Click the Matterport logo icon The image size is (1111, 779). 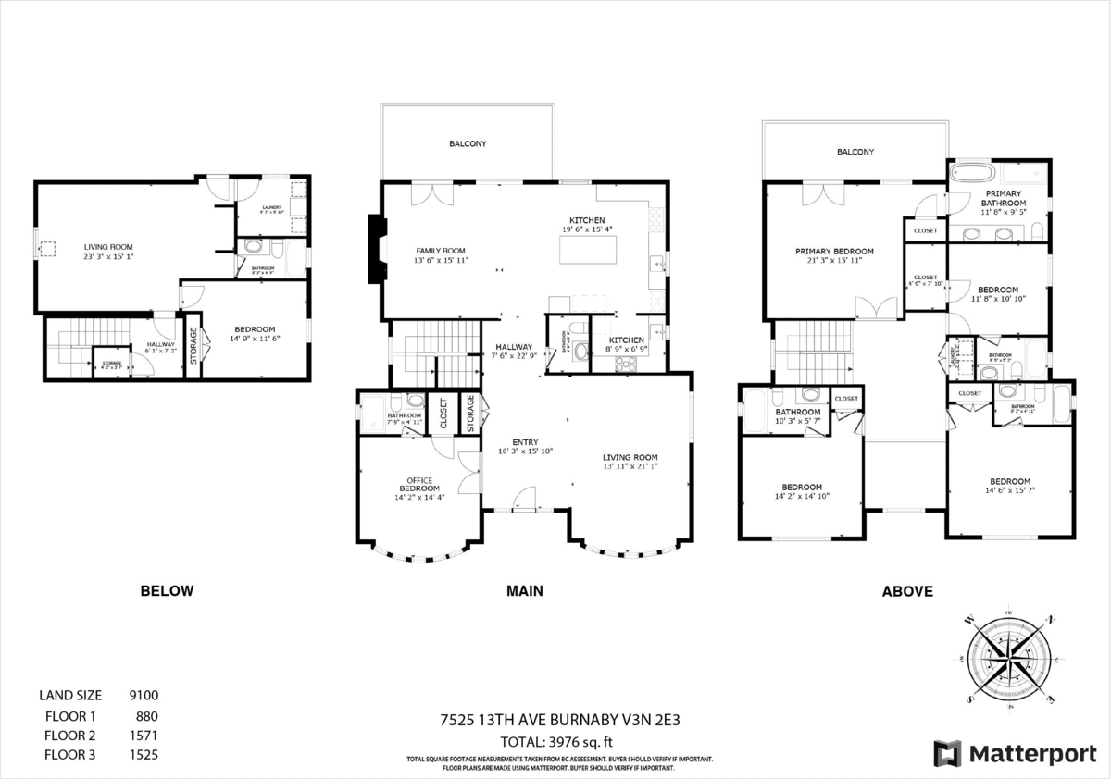point(948,753)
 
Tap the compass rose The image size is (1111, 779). point(1010,658)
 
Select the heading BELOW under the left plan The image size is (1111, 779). point(167,591)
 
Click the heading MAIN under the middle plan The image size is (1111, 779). point(524,591)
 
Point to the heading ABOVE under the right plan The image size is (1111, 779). point(907,591)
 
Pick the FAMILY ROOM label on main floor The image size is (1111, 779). point(440,251)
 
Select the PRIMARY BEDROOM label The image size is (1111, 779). point(834,251)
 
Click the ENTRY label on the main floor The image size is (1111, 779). point(524,442)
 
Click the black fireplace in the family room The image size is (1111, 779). point(375,250)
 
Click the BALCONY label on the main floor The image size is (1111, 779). point(468,144)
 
